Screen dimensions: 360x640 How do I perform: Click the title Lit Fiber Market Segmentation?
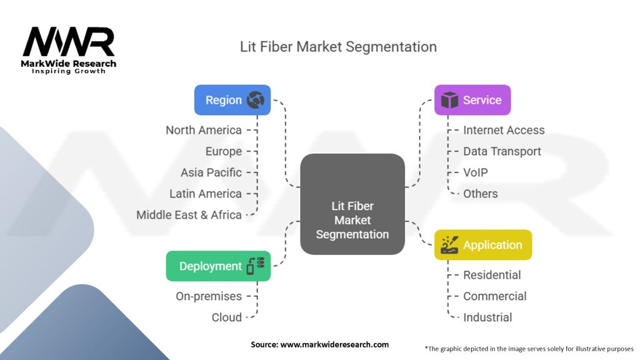coord(338,47)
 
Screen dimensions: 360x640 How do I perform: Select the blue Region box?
coord(232,100)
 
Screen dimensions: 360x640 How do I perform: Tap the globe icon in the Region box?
coord(255,100)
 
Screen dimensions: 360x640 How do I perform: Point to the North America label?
coord(203,130)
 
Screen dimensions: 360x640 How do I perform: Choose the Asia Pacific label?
coord(211,172)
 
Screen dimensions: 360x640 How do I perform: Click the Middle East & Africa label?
coord(189,215)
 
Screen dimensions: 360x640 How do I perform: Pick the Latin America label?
coord(205,194)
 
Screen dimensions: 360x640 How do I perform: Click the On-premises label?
coord(208,296)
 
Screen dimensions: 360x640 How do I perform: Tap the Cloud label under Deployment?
coord(226,317)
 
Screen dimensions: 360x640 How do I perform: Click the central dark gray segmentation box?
coord(352,204)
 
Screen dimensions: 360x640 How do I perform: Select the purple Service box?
coord(472,100)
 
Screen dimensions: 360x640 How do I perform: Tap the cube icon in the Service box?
coord(449,100)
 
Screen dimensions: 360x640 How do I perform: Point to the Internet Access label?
coord(504,130)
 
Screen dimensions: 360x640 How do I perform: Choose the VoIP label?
coord(476,172)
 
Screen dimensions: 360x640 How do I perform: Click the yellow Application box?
coord(482,245)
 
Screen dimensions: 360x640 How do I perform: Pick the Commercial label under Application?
coord(494,296)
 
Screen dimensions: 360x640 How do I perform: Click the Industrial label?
coord(487,317)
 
